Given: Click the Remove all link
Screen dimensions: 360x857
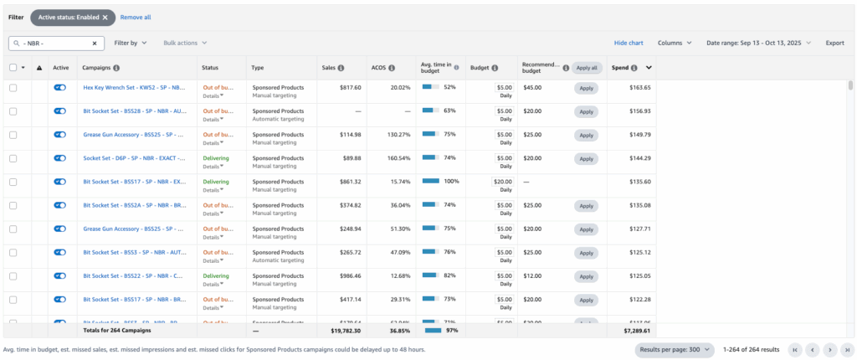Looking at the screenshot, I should [x=136, y=17].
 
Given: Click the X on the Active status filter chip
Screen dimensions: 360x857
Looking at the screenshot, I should [x=105, y=17].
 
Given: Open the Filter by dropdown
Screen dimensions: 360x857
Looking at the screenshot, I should [x=131, y=43].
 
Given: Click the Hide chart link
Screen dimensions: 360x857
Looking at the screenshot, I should [x=629, y=43].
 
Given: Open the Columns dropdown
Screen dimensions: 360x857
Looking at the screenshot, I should [x=675, y=43].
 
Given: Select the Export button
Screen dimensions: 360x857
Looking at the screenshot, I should [x=834, y=43].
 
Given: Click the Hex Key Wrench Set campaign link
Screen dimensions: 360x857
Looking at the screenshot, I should [x=134, y=87].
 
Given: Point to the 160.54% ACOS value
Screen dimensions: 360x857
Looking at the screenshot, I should [x=398, y=157].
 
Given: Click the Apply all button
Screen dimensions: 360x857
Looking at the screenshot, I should [x=586, y=68].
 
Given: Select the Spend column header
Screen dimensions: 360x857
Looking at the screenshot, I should [x=621, y=68].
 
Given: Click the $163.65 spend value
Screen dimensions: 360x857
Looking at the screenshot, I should [x=640, y=87].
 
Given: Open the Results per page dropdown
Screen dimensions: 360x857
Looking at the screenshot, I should [x=675, y=349].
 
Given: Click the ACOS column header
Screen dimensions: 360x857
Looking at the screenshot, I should [x=379, y=68].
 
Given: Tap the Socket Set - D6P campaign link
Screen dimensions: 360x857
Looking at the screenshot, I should [x=134, y=157].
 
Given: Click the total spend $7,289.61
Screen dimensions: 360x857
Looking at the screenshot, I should [x=637, y=331].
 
